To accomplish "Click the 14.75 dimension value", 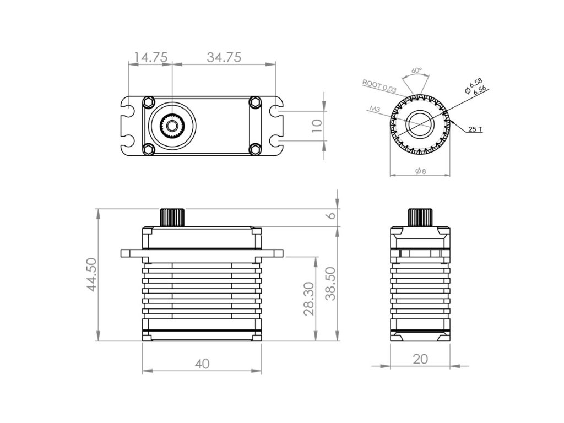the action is click(150, 57).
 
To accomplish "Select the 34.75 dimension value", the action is click(224, 57).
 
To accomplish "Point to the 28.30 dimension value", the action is click(309, 299).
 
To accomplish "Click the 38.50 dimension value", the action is click(330, 284).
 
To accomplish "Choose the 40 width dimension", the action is click(202, 364).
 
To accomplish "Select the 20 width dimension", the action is click(420, 359).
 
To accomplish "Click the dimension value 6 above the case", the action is click(330, 215).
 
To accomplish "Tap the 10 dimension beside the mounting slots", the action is click(316, 125).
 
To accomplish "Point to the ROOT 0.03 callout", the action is click(379, 85).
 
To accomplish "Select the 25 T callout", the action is click(475, 129).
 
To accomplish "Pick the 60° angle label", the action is click(416, 70).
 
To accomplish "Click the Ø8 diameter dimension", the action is click(420, 171).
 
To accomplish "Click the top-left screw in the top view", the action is click(148, 102).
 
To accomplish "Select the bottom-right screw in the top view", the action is click(254, 149).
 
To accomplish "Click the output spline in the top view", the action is click(172, 126).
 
